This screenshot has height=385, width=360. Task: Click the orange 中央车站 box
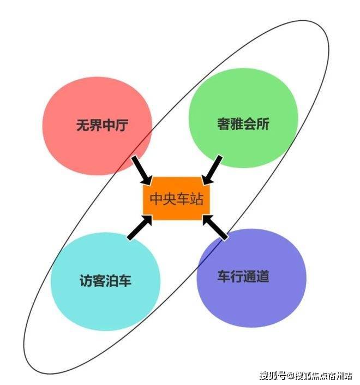(x=176, y=198)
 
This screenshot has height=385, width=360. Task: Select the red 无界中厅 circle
(x=97, y=126)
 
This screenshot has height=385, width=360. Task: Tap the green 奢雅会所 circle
(x=243, y=118)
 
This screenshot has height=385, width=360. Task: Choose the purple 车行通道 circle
(x=251, y=278)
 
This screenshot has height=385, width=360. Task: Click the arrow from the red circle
(x=142, y=170)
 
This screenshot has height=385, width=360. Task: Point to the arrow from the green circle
(x=212, y=170)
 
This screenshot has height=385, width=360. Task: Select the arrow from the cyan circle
(x=140, y=227)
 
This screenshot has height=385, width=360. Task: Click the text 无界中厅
(x=102, y=125)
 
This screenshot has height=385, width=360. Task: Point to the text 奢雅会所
(x=243, y=123)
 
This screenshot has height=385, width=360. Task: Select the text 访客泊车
(x=105, y=281)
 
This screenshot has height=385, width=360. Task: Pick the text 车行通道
(x=243, y=276)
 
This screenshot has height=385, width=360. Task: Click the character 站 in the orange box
(x=197, y=198)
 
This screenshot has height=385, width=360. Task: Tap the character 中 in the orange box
(x=156, y=198)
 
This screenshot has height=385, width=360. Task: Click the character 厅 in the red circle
(x=122, y=125)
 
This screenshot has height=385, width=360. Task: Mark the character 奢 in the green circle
(x=224, y=123)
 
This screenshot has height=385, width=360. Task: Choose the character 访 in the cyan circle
(x=86, y=281)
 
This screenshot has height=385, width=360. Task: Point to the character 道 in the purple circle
(x=263, y=276)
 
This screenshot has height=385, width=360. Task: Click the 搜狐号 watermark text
(x=273, y=376)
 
